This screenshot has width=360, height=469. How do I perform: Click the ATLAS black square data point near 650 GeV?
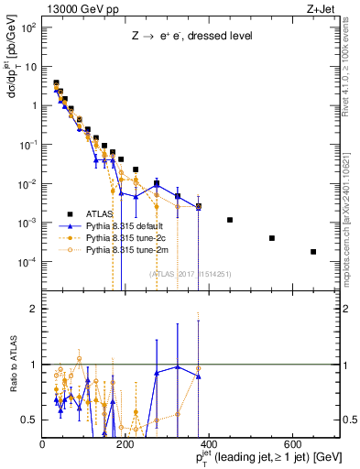click(313, 252)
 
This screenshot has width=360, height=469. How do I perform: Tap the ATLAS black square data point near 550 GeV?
click(272, 238)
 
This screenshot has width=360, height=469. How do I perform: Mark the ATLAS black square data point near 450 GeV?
click(230, 220)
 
